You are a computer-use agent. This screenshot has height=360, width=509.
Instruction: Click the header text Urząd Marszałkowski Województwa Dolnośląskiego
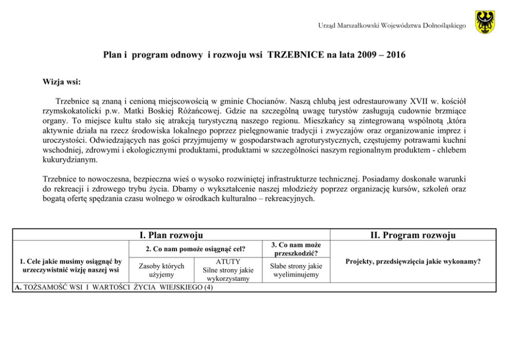pos(391,26)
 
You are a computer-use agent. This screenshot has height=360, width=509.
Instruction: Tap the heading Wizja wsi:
pos(62,82)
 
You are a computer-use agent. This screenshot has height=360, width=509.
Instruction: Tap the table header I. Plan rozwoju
pos(171,235)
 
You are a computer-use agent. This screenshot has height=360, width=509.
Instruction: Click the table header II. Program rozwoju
pos(413,235)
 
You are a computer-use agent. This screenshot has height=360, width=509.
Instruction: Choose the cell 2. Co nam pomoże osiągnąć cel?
pos(195,250)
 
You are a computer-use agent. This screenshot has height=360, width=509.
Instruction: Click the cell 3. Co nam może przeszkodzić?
pos(297,249)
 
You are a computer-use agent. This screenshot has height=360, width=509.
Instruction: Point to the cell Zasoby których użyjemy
pos(162,270)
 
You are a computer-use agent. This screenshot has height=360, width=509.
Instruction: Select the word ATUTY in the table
pos(228,262)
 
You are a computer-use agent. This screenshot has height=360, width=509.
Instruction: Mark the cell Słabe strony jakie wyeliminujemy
pos(297,270)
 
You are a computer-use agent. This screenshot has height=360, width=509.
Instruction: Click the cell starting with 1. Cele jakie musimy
pos(68,266)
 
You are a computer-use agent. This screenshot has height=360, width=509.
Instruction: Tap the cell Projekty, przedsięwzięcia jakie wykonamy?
pos(413,261)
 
